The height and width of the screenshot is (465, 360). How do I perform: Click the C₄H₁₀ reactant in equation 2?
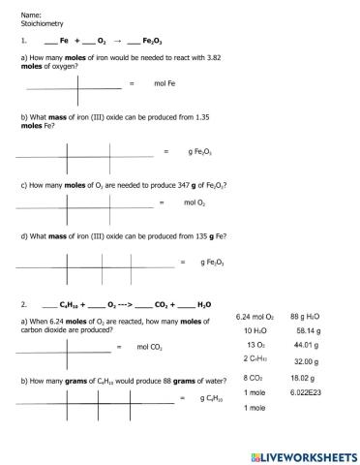coord(74,303)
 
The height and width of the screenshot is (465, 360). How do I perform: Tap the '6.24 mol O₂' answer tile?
coord(255,317)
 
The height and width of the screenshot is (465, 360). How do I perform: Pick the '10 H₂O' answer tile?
coord(255,331)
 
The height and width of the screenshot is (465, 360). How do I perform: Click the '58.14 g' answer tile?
coord(307,331)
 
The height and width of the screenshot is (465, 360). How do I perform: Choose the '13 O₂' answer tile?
coord(255,345)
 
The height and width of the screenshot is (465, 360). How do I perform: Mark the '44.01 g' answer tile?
coord(307,345)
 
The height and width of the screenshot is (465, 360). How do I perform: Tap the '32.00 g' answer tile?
coord(307,360)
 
